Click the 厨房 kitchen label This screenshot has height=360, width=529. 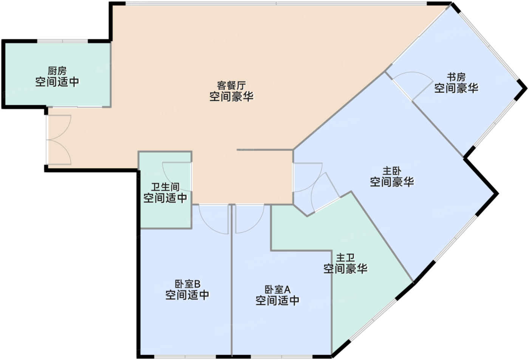tap(57, 71)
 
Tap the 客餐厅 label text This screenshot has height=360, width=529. tap(231, 85)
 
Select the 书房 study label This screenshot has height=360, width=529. tap(456, 77)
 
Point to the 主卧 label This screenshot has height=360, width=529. tap(392, 171)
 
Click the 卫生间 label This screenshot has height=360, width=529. tap(165, 187)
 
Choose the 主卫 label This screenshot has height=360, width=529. tap(345, 258)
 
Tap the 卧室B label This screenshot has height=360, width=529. tap(187, 284)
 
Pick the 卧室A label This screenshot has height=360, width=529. tap(277, 290)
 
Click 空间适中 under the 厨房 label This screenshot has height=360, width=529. tap(57, 82)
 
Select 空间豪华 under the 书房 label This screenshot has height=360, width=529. tap(456, 88)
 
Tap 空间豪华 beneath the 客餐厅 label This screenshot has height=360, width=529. tap(231, 96)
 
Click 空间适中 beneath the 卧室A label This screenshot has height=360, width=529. tap(277, 301)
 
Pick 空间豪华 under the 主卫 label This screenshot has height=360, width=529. tap(345, 269)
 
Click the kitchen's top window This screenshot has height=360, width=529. tap(62, 41)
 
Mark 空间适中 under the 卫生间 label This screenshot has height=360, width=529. tap(165, 198)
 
